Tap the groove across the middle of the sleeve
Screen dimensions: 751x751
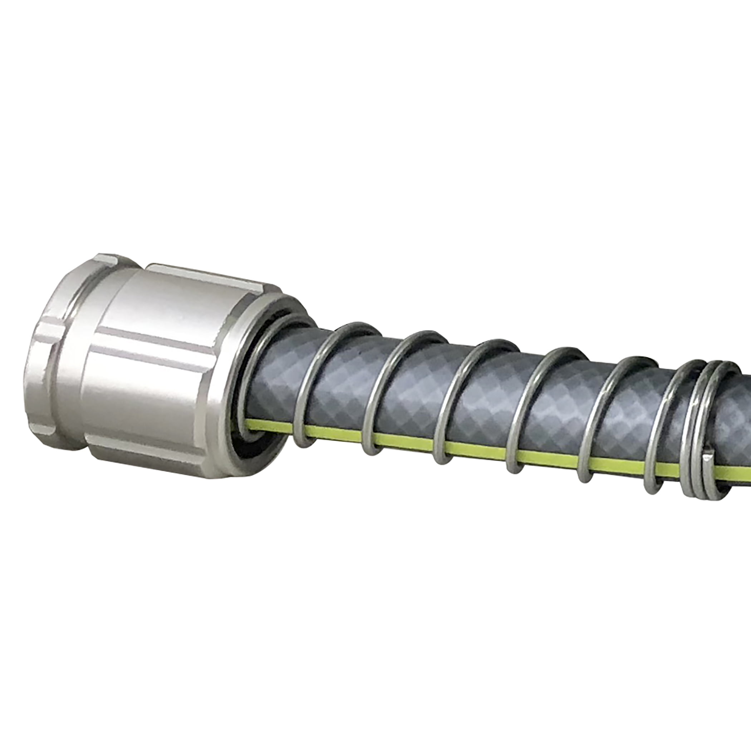(156, 338)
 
